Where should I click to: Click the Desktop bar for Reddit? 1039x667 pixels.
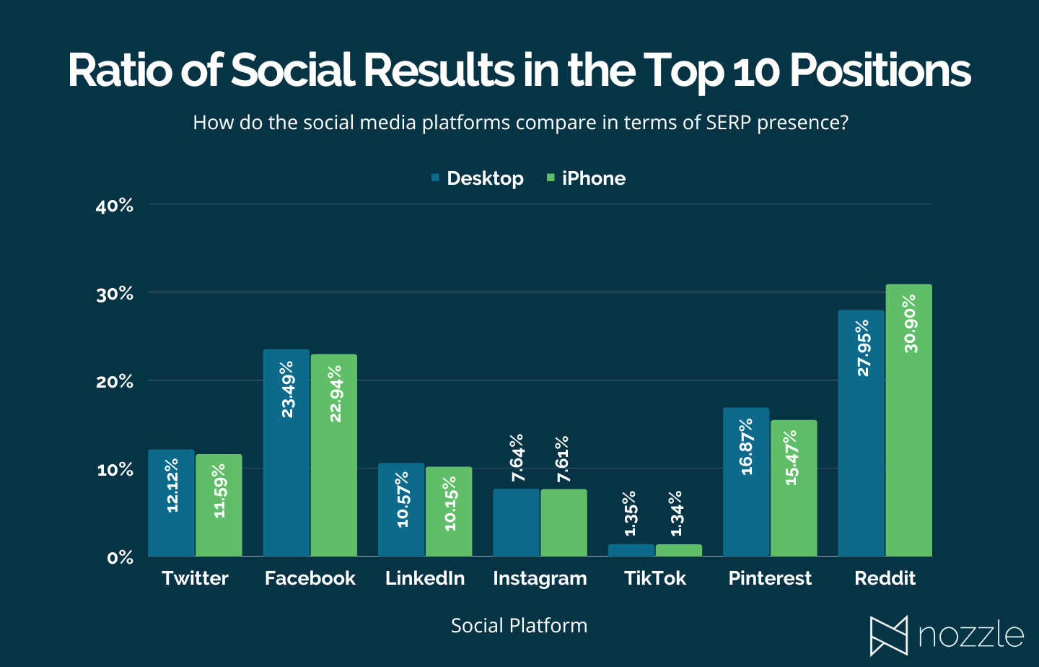tap(861, 433)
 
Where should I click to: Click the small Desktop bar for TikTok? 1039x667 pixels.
tap(631, 550)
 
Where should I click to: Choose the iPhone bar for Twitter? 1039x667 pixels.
tap(219, 505)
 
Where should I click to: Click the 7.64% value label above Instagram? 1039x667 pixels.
tap(517, 458)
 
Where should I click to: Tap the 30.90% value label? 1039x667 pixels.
tap(911, 323)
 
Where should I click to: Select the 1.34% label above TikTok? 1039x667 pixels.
tap(676, 513)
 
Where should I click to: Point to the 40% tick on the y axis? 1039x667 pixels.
tap(115, 206)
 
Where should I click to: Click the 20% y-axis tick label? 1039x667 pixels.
tap(115, 382)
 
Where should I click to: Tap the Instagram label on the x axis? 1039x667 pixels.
tap(540, 578)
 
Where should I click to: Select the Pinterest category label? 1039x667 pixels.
tap(770, 578)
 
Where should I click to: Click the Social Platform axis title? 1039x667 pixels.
tap(519, 625)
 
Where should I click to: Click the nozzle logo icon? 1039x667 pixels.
tap(888, 636)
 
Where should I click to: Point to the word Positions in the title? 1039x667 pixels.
tap(880, 71)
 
